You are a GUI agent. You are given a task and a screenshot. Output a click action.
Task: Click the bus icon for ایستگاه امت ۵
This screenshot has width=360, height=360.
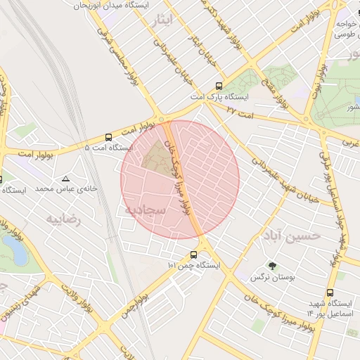(109, 138)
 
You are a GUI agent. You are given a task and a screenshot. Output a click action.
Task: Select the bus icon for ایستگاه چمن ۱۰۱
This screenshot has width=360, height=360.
(193, 255)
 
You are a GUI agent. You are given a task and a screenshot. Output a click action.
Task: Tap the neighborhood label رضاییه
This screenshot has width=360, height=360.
(64, 219)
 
